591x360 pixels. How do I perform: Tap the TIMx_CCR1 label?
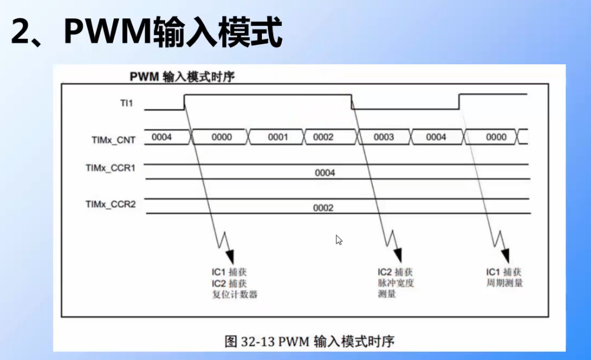pos(110,168)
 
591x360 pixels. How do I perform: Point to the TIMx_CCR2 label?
pos(110,204)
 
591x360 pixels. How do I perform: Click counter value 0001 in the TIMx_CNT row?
pos(278,137)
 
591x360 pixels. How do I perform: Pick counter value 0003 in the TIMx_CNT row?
pos(384,137)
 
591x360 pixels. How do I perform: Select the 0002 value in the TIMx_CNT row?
pos(323,137)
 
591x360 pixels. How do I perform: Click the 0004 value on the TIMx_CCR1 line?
pos(325,173)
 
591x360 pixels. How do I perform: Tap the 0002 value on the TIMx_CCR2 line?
pos(323,208)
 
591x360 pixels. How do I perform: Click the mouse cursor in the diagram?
pos(339,240)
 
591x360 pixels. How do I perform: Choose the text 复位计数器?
pos(235,294)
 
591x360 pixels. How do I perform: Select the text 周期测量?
pos(504,283)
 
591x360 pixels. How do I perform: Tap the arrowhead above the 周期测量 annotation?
pos(505,255)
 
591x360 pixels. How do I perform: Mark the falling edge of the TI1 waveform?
pos(352,102)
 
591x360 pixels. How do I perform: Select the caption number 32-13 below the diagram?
pos(257,341)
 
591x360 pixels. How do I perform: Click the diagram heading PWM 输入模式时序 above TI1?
pos(183,77)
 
